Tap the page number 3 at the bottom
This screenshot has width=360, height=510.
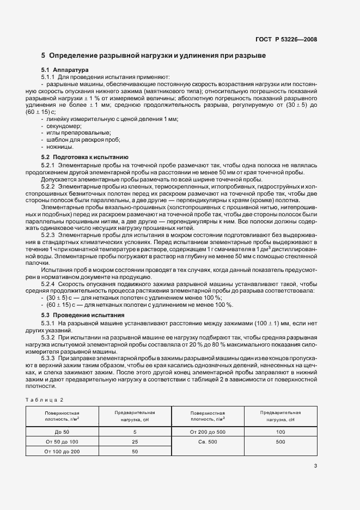[316, 466]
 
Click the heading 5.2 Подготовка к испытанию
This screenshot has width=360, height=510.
[84, 156]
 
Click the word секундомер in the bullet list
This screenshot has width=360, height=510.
[63, 126]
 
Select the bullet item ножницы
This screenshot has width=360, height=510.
[59, 147]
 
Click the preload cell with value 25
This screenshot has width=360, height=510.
[135, 441]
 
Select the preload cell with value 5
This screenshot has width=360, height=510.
[135, 432]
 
